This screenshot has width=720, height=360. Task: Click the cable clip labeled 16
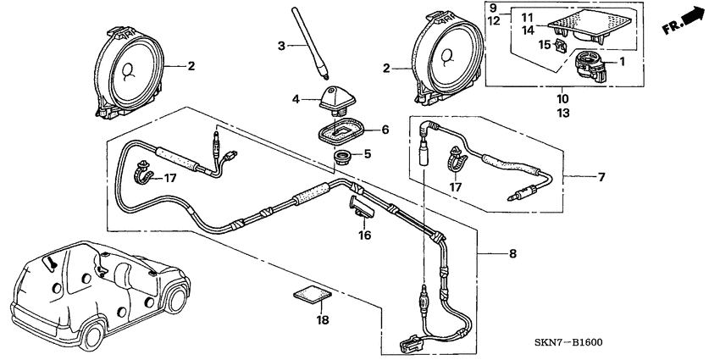[x=360, y=207]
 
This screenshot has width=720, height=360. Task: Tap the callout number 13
[x=563, y=112]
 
